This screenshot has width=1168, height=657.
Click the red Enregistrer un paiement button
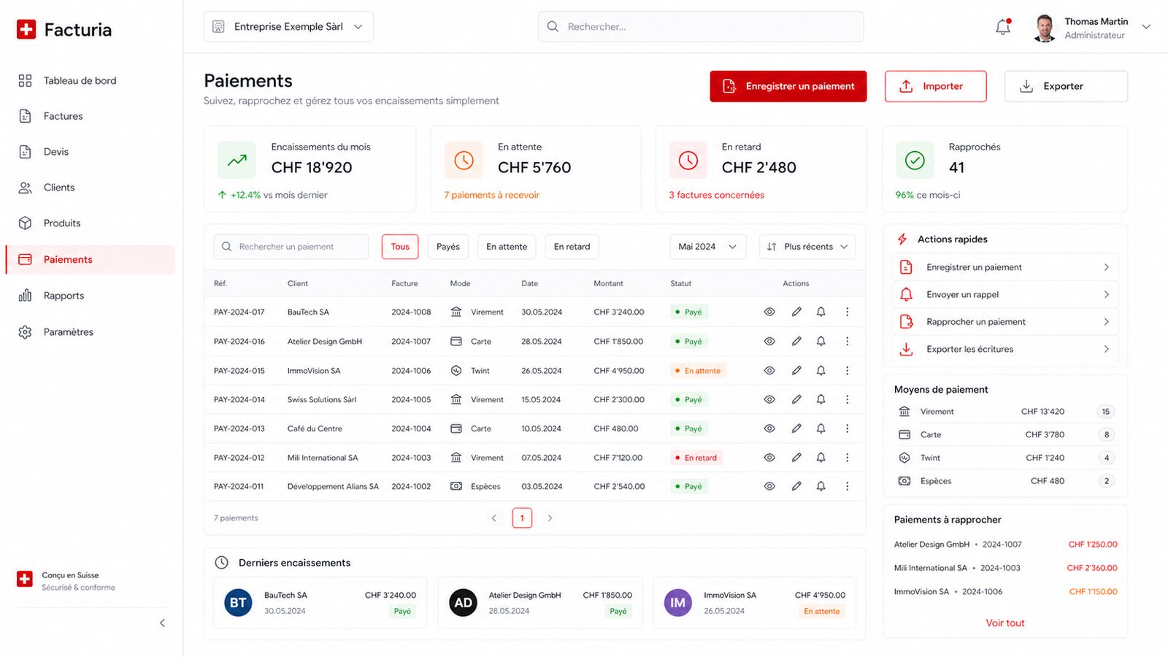tap(788, 86)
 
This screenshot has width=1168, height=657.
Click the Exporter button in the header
tap(1066, 86)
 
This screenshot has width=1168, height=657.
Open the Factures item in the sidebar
tap(63, 116)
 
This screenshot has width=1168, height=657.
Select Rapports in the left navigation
tap(64, 296)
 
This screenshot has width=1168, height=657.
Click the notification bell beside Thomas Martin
tap(1003, 26)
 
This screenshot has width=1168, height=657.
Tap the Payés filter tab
tap(448, 247)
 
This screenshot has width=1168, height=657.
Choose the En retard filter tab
tap(572, 247)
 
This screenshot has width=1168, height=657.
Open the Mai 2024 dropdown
tap(707, 247)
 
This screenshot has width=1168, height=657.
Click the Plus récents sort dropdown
tap(807, 247)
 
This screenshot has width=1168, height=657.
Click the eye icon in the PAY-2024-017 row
tap(769, 312)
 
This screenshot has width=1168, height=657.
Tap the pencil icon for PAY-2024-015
tap(796, 371)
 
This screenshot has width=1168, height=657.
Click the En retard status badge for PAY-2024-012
tap(696, 458)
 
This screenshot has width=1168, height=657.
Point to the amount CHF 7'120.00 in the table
tap(618, 458)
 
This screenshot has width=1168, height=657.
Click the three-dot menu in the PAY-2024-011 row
tap(847, 486)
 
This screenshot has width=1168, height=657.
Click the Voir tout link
tap(1004, 623)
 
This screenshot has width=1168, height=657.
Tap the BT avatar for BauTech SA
tap(238, 603)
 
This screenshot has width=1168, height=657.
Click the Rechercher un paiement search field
tap(291, 247)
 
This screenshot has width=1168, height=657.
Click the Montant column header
tap(608, 284)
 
